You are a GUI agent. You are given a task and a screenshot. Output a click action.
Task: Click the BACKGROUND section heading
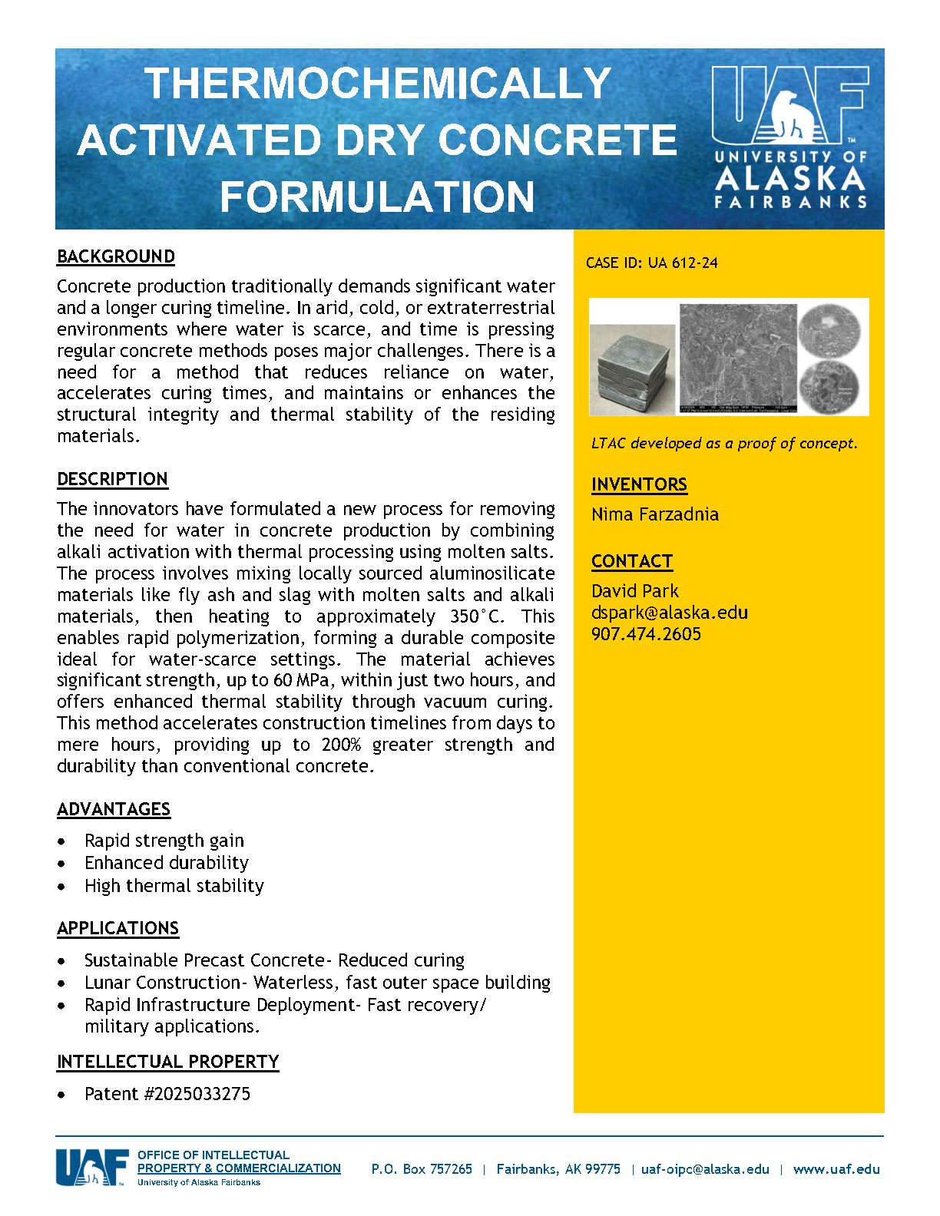tap(116, 256)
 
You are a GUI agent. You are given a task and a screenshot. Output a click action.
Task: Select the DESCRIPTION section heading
tap(112, 479)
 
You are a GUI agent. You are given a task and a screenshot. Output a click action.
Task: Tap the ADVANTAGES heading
tap(114, 809)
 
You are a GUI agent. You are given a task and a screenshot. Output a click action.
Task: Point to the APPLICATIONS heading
tap(118, 928)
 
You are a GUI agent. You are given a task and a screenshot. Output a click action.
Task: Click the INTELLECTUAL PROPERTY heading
tap(167, 1062)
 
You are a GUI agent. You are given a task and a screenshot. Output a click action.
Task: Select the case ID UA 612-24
tap(651, 263)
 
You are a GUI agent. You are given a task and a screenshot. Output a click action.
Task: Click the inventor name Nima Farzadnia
tap(655, 514)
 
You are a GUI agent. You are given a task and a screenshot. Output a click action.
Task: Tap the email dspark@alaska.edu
tap(669, 613)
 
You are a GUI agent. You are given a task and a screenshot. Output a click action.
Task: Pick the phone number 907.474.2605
tap(646, 634)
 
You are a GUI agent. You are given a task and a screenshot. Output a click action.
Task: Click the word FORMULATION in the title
tap(377, 197)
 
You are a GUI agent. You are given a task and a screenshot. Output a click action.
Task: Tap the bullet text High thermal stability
tap(174, 886)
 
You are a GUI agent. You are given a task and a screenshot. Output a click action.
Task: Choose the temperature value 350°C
tap(477, 616)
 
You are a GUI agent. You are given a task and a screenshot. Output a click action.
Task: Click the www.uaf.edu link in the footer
tap(836, 1169)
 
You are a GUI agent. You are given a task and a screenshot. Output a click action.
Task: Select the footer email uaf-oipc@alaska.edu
tap(705, 1169)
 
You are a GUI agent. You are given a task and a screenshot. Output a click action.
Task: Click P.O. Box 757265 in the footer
tap(422, 1169)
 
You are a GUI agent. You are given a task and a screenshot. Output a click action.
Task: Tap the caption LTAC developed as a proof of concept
tap(724, 444)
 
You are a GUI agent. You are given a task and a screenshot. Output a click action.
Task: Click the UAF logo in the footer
tap(91, 1168)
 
